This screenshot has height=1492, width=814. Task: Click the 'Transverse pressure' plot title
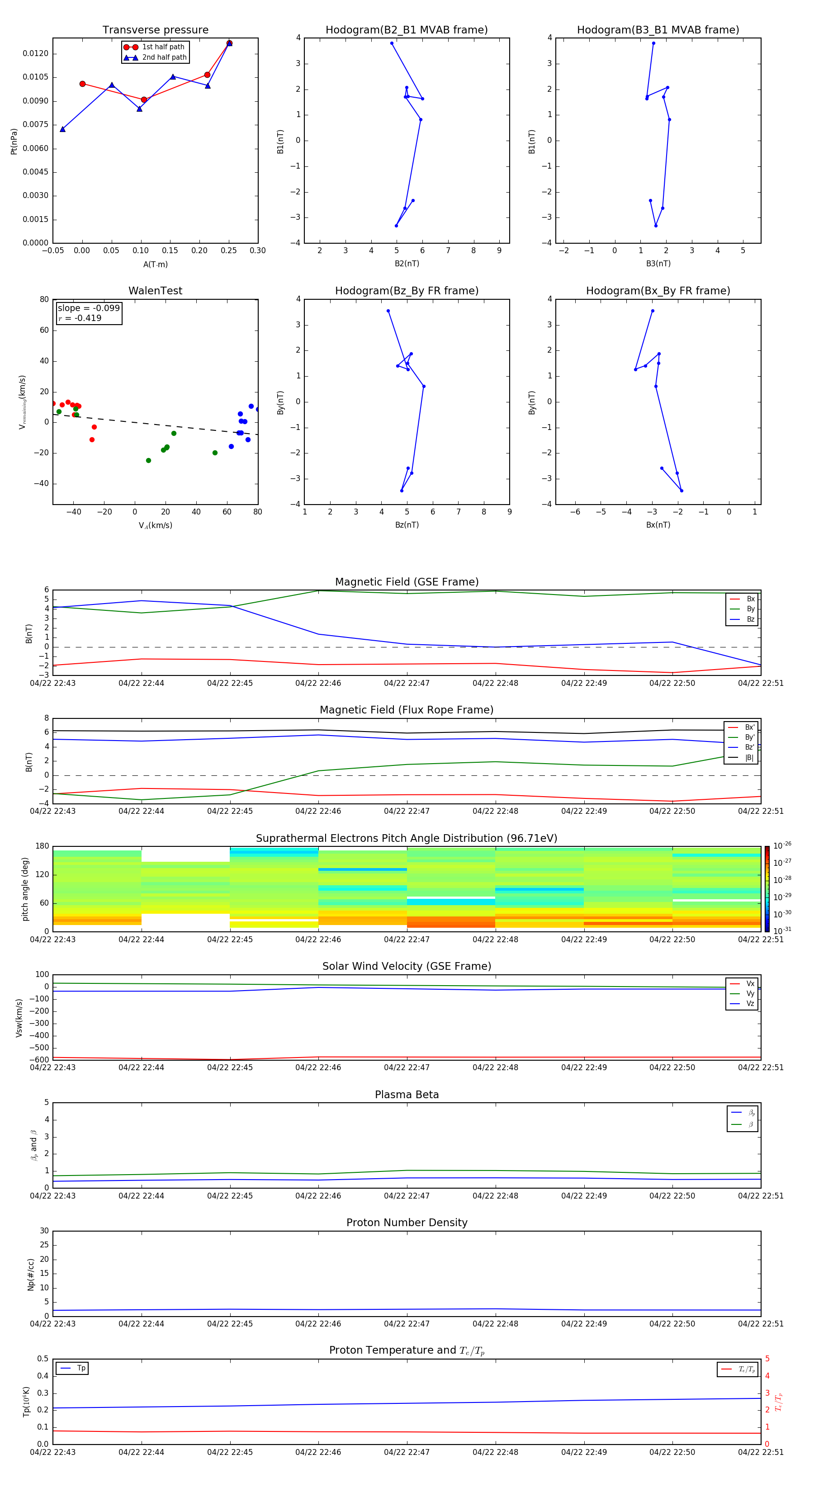155,30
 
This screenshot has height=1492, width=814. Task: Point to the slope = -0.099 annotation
89,308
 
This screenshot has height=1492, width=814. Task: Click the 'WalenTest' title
155,291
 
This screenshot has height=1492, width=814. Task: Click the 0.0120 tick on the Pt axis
35,53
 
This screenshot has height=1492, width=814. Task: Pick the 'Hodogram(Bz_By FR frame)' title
407,291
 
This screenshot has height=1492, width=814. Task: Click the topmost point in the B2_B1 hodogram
392,43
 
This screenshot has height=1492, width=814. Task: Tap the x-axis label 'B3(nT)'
658,264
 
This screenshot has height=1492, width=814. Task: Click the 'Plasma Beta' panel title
407,1095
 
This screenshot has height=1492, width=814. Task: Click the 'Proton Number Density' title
407,1223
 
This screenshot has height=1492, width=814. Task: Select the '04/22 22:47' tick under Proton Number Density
407,1323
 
